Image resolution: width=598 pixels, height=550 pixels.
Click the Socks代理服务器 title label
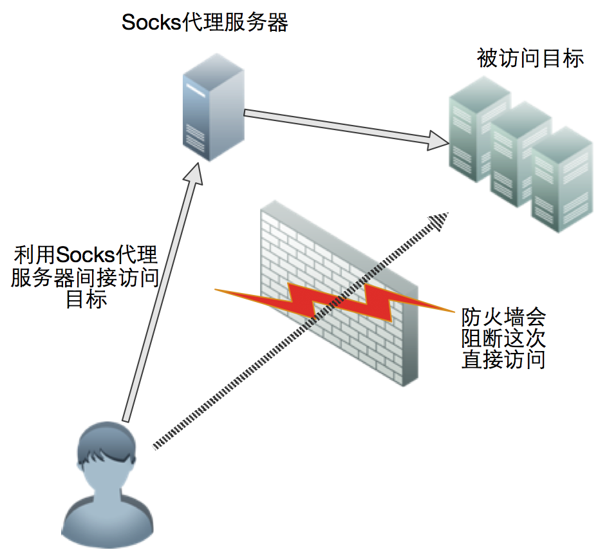coord(205,23)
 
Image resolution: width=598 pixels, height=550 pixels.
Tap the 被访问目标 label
coord(530,59)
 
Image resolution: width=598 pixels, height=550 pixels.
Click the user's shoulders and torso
coord(106,518)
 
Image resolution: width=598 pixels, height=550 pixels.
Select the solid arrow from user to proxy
coord(158,296)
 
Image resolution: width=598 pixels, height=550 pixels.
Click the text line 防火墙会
coord(503,316)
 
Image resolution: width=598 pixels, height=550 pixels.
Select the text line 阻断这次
coord(503,338)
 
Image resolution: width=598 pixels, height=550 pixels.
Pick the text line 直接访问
coord(503,359)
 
